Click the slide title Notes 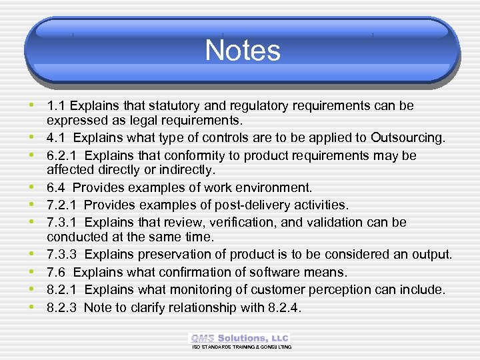(x=242, y=51)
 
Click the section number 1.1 (x=56, y=106)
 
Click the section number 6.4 (x=56, y=188)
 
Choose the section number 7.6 (x=56, y=272)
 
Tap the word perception (x=353, y=290)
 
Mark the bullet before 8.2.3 (x=33, y=307)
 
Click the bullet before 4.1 (x=33, y=137)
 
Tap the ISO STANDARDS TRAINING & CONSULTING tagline (x=241, y=347)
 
